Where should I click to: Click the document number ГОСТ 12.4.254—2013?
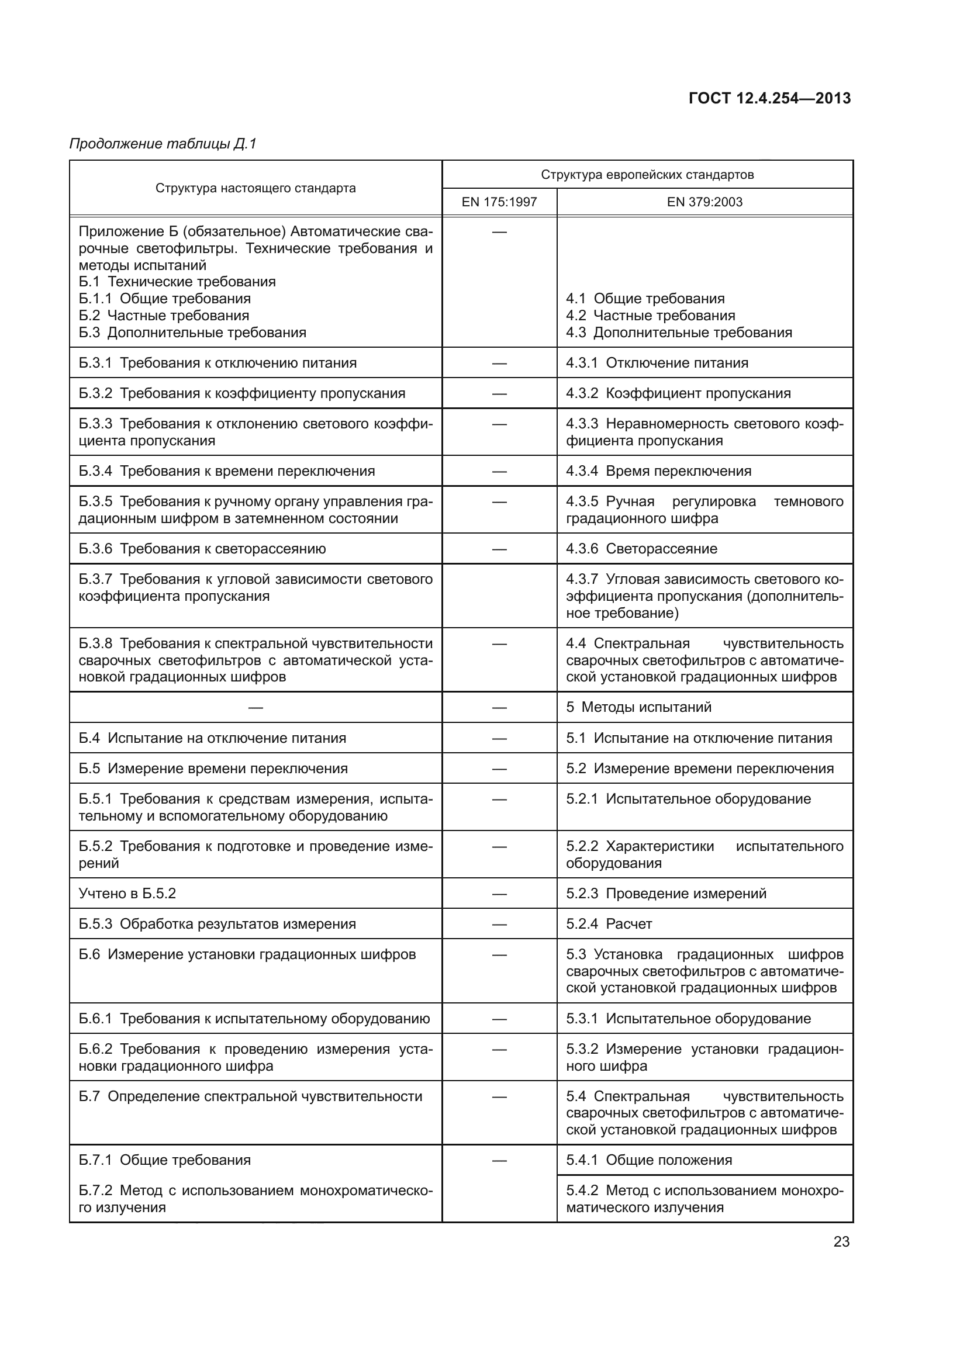pyautogui.click(x=769, y=98)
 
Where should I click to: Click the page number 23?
pyautogui.click(x=841, y=1241)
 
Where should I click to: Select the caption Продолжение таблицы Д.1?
pyautogui.click(x=163, y=144)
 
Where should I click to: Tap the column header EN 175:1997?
pyautogui.click(x=499, y=202)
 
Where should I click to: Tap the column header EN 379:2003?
pyautogui.click(x=704, y=202)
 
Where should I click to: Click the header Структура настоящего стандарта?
pyautogui.click(x=255, y=188)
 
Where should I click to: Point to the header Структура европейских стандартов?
pyautogui.click(x=647, y=174)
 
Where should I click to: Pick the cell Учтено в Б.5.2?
pyautogui.click(x=127, y=893)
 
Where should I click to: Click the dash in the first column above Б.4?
pyautogui.click(x=255, y=707)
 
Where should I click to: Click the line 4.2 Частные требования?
pyautogui.click(x=650, y=316)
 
